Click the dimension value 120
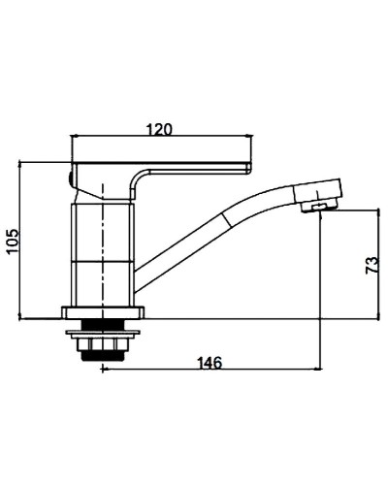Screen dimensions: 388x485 (x=160, y=130)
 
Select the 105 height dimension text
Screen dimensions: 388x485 (x=14, y=242)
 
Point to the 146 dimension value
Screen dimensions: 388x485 (x=210, y=363)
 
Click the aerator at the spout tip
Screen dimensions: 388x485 (x=319, y=206)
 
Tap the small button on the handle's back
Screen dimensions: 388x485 (x=71, y=178)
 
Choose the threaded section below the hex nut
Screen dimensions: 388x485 (x=103, y=355)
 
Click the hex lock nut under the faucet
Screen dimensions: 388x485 (x=103, y=344)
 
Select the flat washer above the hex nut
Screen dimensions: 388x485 (x=103, y=333)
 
